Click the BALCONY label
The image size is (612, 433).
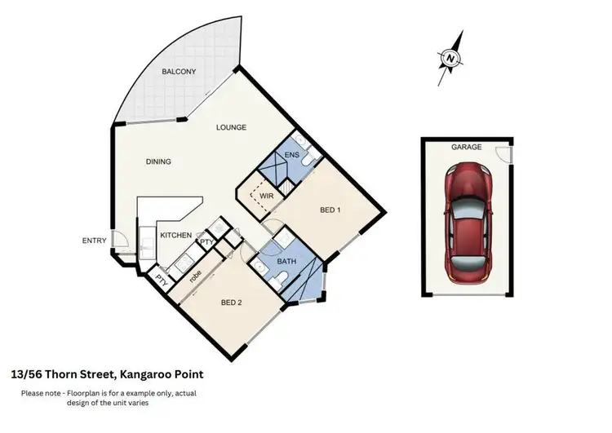178,72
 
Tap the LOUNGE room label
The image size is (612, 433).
231,127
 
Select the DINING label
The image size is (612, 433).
158,161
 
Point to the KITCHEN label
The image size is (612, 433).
175,236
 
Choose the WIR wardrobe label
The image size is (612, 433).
265,196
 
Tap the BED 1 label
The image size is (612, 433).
329,210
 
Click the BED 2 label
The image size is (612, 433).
232,303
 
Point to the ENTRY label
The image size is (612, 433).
94,241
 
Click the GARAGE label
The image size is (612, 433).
467,148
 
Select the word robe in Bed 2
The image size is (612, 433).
196,275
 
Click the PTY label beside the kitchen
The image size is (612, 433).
206,242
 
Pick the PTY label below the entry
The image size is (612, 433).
162,277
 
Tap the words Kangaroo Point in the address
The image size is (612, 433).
162,374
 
